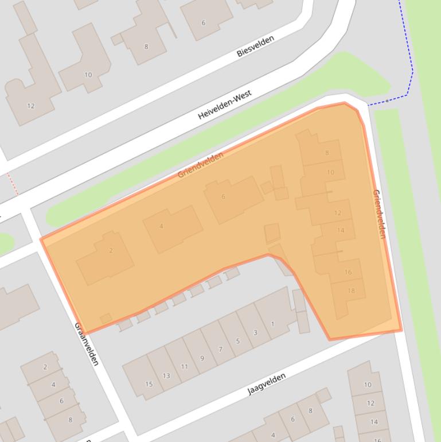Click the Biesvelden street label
click(x=255, y=46)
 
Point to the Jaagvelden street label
click(x=266, y=384)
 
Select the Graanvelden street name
click(x=87, y=343)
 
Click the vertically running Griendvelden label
click(x=379, y=214)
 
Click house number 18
click(x=351, y=290)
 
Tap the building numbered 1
click(x=272, y=324)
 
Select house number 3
click(x=255, y=332)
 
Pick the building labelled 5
click(x=238, y=341)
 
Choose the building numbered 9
click(x=202, y=358)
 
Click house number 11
click(x=184, y=367)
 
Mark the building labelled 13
click(x=166, y=376)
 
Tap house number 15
click(x=149, y=384)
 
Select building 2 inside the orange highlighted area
click(x=111, y=250)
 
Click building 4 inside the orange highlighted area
click(x=161, y=226)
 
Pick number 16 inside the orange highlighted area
click(x=348, y=272)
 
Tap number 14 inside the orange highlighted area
click(x=341, y=230)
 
